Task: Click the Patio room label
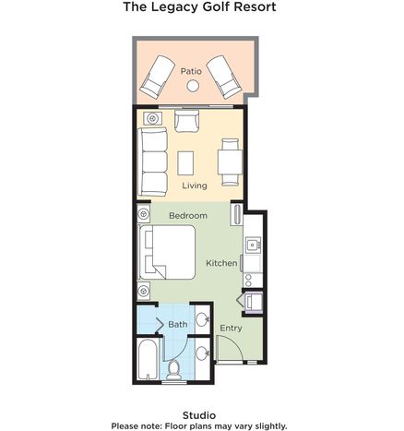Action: tap(191, 71)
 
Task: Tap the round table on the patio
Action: tap(193, 86)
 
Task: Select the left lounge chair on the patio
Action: tap(158, 77)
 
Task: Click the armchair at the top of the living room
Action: tap(186, 121)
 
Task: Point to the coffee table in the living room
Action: tap(185, 163)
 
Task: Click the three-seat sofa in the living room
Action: tap(152, 162)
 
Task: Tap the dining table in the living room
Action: tap(230, 162)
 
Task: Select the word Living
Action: tap(195, 186)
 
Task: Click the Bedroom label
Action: tap(188, 216)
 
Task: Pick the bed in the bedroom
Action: tap(167, 252)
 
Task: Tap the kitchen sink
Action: tap(253, 245)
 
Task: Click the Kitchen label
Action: tap(221, 263)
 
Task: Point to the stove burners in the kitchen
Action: tap(248, 280)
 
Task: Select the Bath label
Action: tap(178, 324)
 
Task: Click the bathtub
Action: tap(148, 359)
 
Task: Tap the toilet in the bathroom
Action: tap(173, 370)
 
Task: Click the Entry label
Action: tap(231, 328)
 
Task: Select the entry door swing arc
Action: tap(234, 344)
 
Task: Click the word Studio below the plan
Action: tap(199, 415)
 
